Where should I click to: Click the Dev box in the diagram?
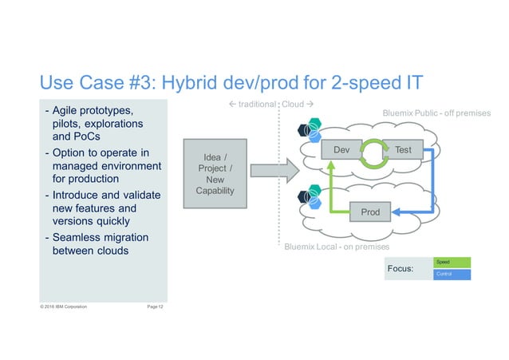pyautogui.click(x=341, y=149)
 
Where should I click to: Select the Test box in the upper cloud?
pyautogui.click(x=403, y=149)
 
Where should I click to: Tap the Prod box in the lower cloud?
pyautogui.click(x=370, y=212)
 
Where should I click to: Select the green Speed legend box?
pyautogui.click(x=452, y=262)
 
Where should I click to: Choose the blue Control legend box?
pyautogui.click(x=452, y=275)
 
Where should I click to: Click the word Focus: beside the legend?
pyautogui.click(x=400, y=269)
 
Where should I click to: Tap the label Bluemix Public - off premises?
pyautogui.click(x=437, y=113)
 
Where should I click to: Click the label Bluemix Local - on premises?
pyautogui.click(x=337, y=247)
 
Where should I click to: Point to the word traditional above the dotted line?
pyautogui.click(x=253, y=105)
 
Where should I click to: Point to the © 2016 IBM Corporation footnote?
pyautogui.click(x=64, y=306)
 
